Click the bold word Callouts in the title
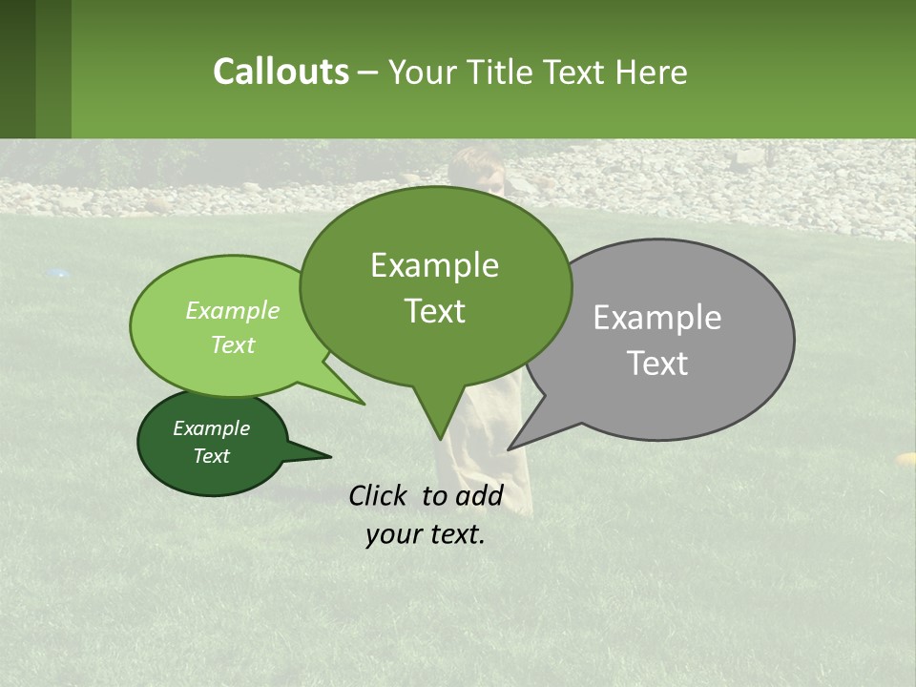click(281, 72)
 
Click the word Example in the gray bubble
click(657, 318)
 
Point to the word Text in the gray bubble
click(657, 364)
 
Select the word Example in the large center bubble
click(434, 265)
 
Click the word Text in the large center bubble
click(434, 311)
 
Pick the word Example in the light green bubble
click(233, 310)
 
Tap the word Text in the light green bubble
click(233, 344)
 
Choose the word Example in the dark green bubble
click(211, 428)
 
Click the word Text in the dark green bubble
click(211, 456)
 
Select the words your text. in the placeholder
click(426, 534)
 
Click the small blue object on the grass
click(60, 273)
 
